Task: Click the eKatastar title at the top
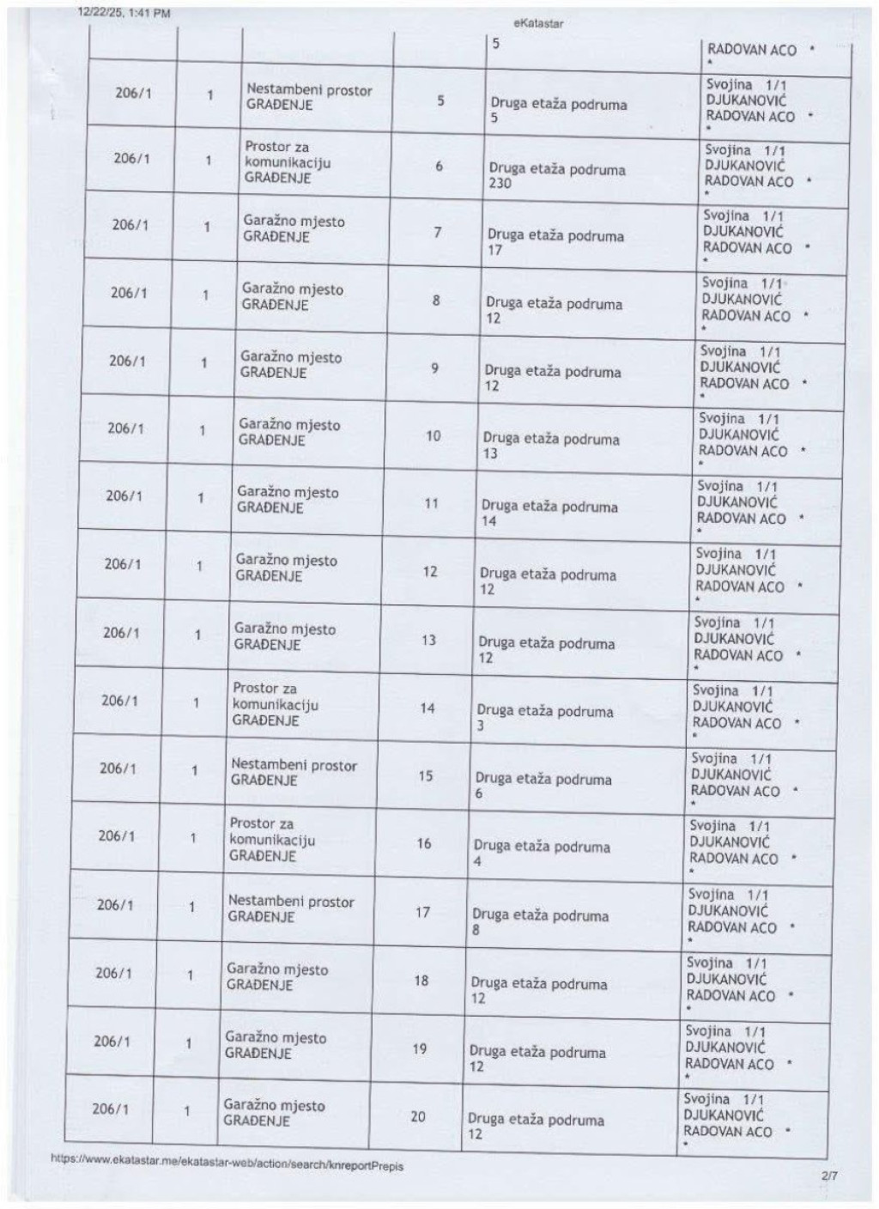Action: tap(538, 24)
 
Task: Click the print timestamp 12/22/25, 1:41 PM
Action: tap(124, 13)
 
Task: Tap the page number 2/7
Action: tap(828, 1176)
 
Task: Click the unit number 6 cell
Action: tap(439, 166)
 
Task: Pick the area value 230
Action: tap(500, 184)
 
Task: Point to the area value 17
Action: tap(494, 251)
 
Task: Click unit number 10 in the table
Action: tap(433, 436)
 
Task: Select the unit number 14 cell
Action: tap(427, 708)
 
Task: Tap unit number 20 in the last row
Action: tap(417, 1116)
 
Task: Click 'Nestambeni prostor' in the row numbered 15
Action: tap(294, 765)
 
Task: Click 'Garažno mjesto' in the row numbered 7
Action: tap(294, 222)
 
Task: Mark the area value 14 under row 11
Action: tap(488, 521)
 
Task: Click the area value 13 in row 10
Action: tap(489, 453)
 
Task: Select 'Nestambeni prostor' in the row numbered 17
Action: tap(291, 902)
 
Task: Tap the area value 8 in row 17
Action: tap(476, 930)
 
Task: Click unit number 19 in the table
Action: tap(419, 1048)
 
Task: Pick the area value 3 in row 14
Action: tap(480, 726)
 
